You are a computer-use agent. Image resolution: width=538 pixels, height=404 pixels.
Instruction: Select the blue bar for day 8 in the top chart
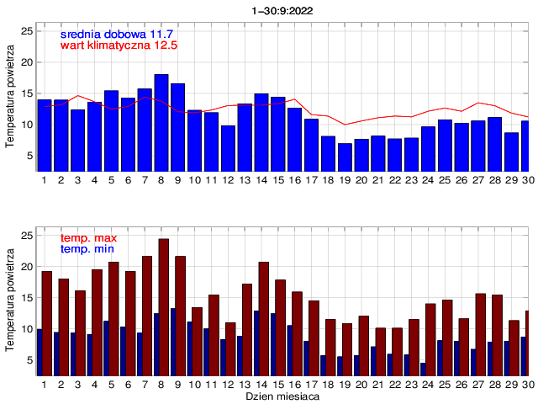(161, 122)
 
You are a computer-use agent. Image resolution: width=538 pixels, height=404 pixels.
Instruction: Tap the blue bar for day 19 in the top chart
(345, 157)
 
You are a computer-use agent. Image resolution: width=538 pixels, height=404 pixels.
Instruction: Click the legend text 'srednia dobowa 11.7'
(116, 33)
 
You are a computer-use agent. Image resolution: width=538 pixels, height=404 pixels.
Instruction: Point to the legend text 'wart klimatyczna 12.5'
(119, 45)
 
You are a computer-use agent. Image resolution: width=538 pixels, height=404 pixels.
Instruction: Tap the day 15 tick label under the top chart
(277, 179)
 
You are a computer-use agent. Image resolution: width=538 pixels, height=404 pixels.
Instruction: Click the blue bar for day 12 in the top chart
(228, 148)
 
